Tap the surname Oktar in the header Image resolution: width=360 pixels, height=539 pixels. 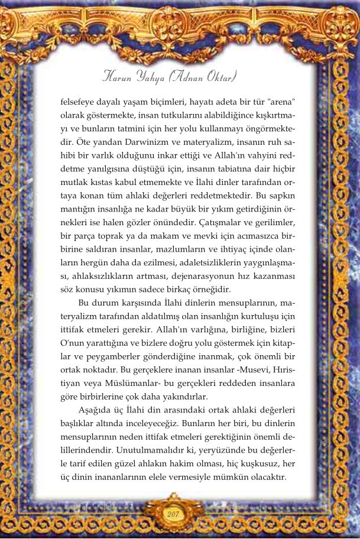(x=222, y=76)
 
